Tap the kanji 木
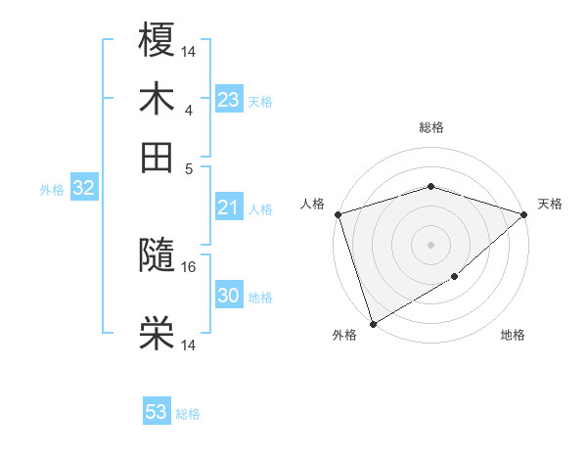158,99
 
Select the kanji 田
158,157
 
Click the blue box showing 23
228,100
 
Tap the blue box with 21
228,207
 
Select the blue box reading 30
228,296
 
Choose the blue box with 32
83,189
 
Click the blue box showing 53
157,412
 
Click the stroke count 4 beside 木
189,109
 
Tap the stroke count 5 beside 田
189,167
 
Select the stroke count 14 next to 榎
189,50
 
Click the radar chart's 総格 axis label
430,127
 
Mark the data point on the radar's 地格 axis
455,277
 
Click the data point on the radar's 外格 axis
373,324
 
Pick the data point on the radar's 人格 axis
338,214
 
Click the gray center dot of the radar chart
430,244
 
